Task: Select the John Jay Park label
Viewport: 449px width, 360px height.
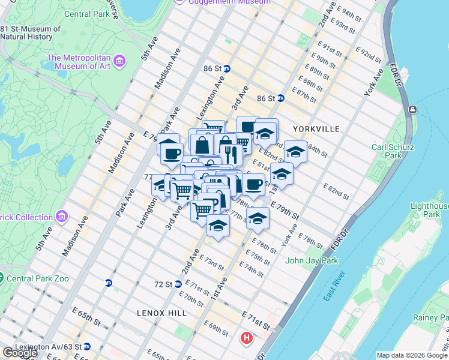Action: pos(312,260)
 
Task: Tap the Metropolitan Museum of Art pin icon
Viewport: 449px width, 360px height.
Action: pos(119,61)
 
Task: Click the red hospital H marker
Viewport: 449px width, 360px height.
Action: pos(246,338)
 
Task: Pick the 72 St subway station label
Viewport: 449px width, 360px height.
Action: pos(164,283)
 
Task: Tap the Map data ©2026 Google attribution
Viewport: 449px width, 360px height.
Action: pos(412,355)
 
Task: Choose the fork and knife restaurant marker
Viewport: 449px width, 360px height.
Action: pos(231,154)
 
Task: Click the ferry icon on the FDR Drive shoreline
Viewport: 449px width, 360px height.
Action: pos(413,110)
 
